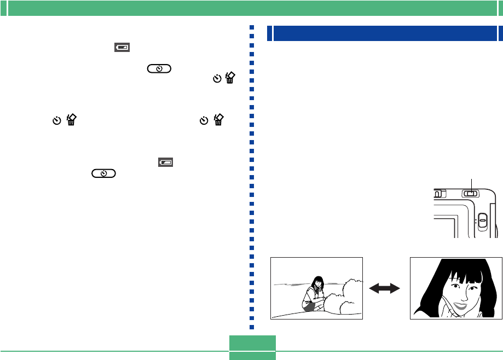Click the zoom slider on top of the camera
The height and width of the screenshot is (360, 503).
pyautogui.click(x=470, y=193)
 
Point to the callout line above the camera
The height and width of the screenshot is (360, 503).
pyautogui.click(x=471, y=183)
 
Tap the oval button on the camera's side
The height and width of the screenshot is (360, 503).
pyautogui.click(x=481, y=220)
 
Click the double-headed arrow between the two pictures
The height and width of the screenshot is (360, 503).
pyautogui.click(x=386, y=288)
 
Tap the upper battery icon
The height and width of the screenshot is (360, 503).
pyautogui.click(x=122, y=48)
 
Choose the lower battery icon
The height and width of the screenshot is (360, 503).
pyautogui.click(x=165, y=162)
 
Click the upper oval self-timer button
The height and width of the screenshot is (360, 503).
pyautogui.click(x=158, y=69)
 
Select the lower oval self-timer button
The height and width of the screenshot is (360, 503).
pyautogui.click(x=103, y=173)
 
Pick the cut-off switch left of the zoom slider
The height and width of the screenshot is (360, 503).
pyautogui.click(x=437, y=193)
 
